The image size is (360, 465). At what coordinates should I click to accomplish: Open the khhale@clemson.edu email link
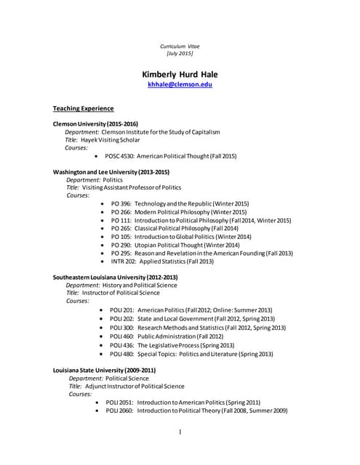tap(180, 85)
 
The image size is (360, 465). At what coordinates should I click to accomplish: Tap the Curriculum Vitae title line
tap(180, 46)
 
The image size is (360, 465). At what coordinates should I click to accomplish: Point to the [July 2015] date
tap(180, 54)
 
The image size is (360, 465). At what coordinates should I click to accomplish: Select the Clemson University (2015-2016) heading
tap(95, 124)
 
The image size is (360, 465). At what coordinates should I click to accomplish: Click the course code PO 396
tap(121, 203)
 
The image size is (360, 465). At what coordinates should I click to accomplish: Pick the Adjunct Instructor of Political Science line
tap(127, 387)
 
